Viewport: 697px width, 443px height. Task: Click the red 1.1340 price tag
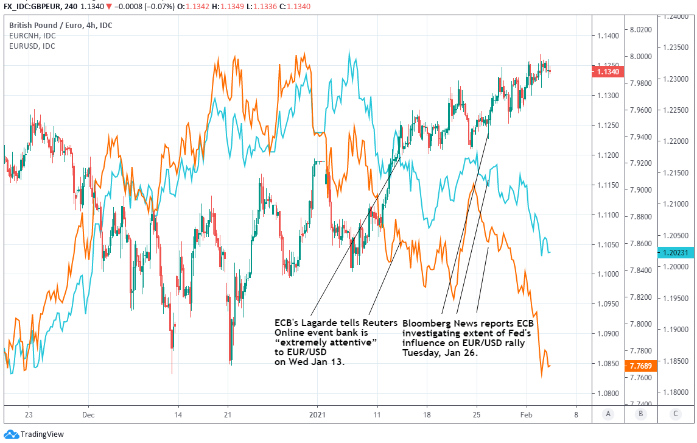tap(608, 72)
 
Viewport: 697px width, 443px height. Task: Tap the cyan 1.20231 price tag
tap(676, 252)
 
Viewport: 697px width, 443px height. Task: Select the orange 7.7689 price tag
tap(642, 366)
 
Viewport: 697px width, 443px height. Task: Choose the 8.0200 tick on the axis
tap(640, 29)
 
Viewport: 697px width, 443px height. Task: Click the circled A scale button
tap(607, 414)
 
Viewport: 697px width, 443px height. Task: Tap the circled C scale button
tap(675, 414)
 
